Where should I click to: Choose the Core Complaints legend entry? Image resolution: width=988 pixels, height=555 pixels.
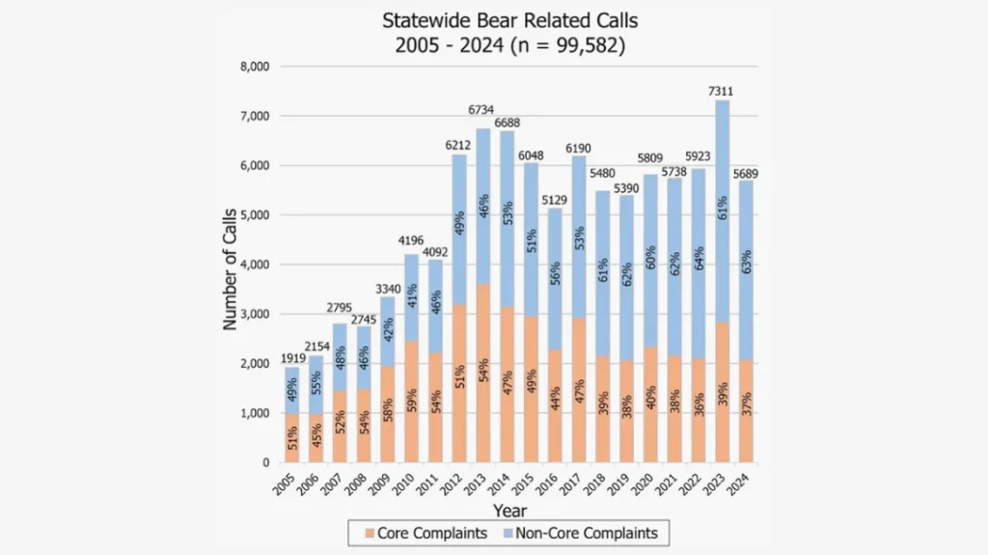coord(420,532)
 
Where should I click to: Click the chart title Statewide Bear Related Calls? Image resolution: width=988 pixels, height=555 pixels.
coord(509,20)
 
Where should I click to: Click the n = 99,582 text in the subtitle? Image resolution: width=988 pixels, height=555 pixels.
coord(565,44)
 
